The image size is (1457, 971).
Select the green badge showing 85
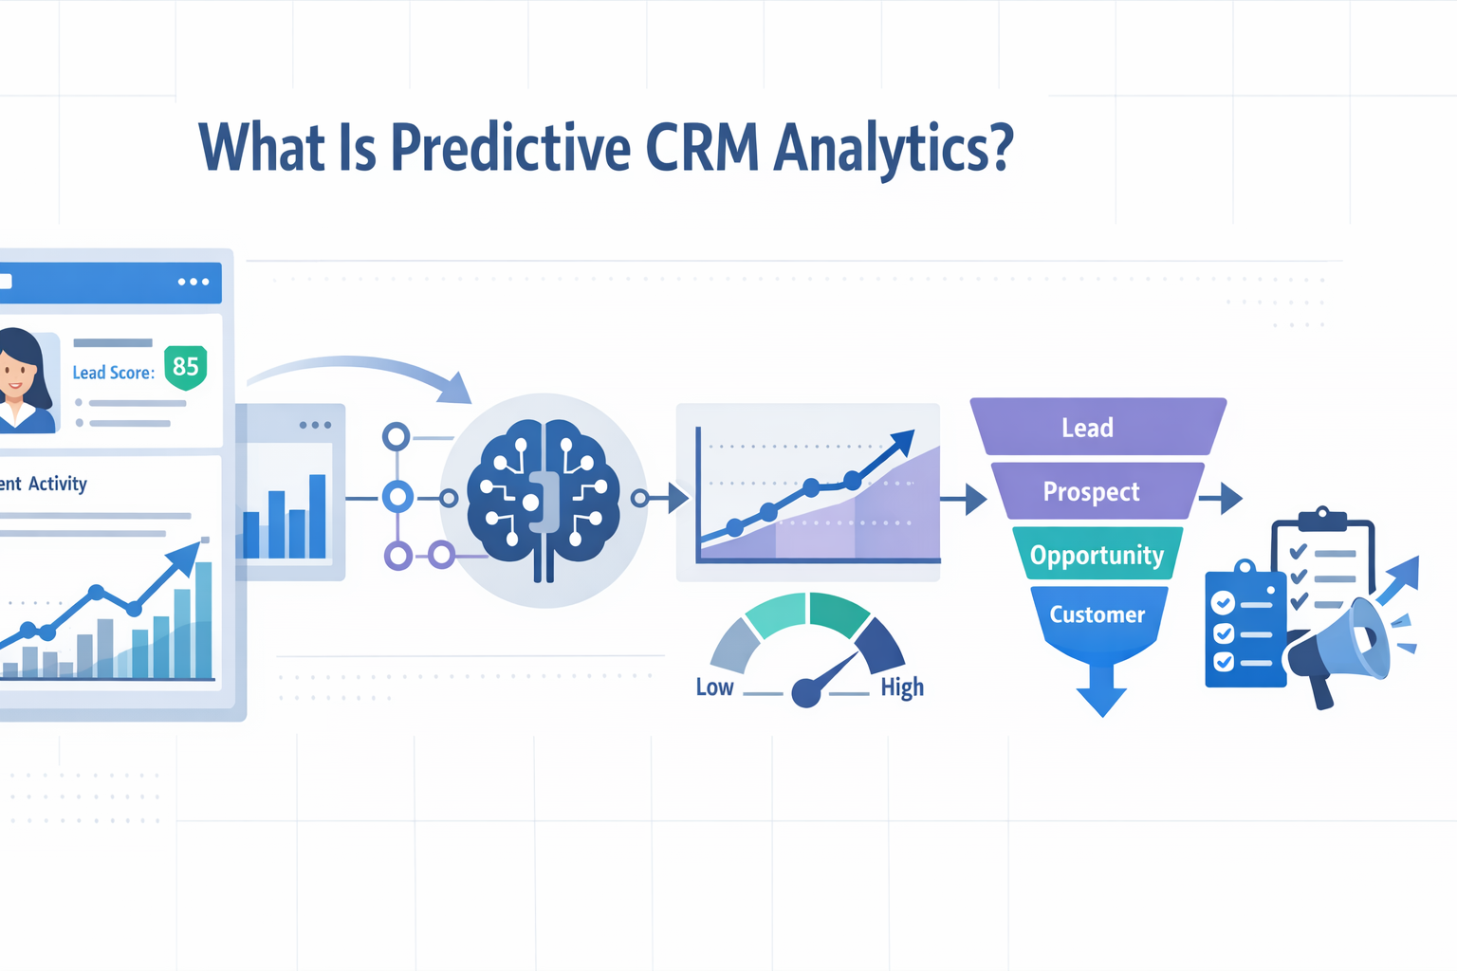click(185, 367)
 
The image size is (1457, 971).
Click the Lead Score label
click(113, 373)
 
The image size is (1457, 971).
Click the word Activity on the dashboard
click(57, 484)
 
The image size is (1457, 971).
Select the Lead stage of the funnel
click(1087, 428)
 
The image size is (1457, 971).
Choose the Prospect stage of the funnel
click(1091, 491)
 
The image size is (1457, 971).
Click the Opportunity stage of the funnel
click(1097, 555)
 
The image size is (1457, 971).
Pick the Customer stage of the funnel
click(1097, 614)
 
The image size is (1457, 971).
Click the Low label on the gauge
click(714, 687)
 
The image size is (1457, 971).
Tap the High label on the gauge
click(901, 687)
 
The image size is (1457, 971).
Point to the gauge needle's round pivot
click(805, 693)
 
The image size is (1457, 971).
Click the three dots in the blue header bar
click(194, 282)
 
